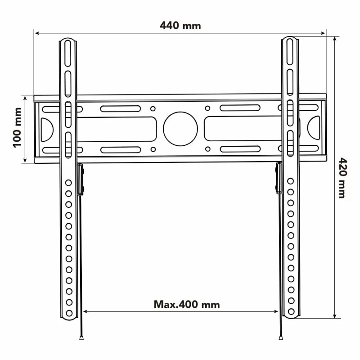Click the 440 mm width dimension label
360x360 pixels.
tap(180, 26)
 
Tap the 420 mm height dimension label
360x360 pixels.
tap(342, 178)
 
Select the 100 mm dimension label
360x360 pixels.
tap(18, 128)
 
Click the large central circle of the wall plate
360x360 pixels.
tap(180, 128)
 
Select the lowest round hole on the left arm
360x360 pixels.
tap(69, 313)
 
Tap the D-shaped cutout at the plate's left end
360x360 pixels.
tap(47, 128)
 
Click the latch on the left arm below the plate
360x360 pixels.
tap(81, 179)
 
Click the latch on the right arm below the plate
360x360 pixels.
tap(279, 179)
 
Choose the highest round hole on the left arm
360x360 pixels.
tap(69, 183)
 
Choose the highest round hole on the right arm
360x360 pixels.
tap(291, 181)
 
